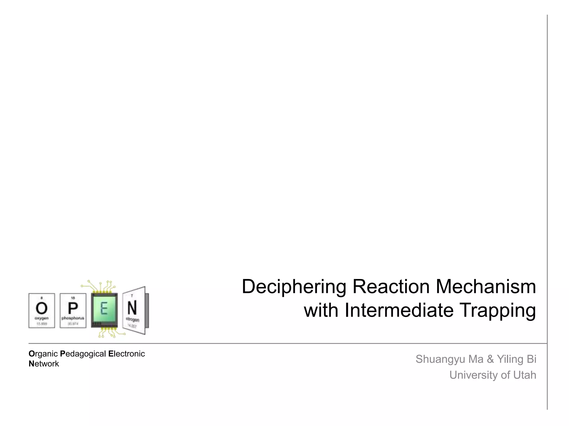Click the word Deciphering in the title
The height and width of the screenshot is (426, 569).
[294, 287]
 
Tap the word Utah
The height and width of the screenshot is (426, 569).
[525, 375]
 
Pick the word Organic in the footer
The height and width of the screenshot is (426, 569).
[43, 354]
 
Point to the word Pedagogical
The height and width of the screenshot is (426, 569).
[83, 354]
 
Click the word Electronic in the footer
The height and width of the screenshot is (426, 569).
[126, 354]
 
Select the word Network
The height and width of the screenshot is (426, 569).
[44, 364]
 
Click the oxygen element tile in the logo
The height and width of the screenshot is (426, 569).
[42, 311]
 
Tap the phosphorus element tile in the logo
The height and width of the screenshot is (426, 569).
[73, 311]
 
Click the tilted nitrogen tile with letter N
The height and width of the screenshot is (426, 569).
[134, 310]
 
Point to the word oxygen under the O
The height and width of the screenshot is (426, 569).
[42, 318]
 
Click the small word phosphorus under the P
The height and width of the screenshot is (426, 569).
[73, 318]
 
